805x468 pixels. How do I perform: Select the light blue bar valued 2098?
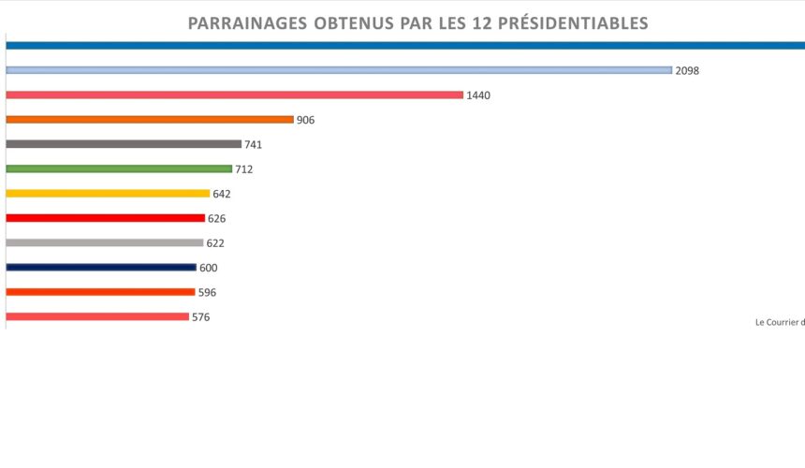(x=339, y=70)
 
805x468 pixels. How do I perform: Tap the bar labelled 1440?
(x=234, y=95)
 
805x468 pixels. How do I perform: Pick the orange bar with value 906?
(x=150, y=120)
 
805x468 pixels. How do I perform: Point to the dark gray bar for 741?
(x=124, y=144)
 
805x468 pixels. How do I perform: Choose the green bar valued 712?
(x=119, y=168)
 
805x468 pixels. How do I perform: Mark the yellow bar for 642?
(x=108, y=194)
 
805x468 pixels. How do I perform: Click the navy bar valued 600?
(x=101, y=267)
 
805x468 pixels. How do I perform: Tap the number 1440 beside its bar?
(x=478, y=95)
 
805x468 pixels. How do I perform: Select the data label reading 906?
(x=305, y=120)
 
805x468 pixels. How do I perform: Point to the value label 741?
(x=254, y=145)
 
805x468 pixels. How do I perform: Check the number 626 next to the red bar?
(x=217, y=218)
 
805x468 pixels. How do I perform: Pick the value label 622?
(x=215, y=243)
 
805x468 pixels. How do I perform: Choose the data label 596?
(x=207, y=292)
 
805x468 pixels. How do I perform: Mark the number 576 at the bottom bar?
(x=201, y=317)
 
